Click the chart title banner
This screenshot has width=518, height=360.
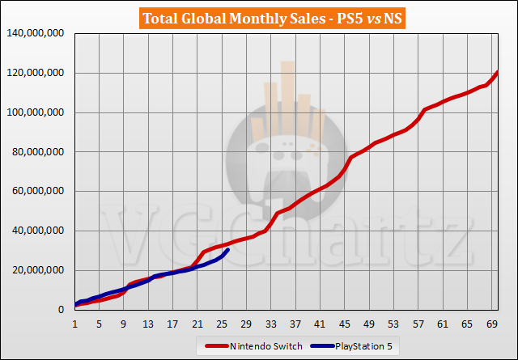pyautogui.click(x=259, y=17)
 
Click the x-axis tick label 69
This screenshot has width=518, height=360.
pyautogui.click(x=491, y=324)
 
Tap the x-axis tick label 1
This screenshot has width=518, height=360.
pyautogui.click(x=75, y=324)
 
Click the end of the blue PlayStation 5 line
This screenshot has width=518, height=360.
pyautogui.click(x=228, y=250)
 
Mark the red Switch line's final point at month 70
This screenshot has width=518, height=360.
pyautogui.click(x=497, y=73)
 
